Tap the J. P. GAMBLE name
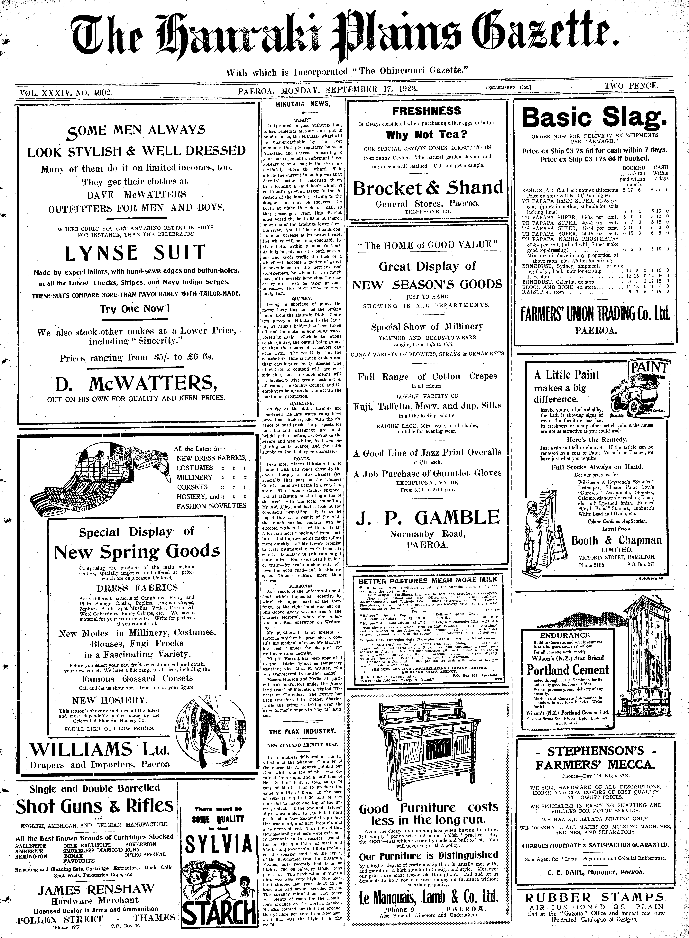tap(427, 518)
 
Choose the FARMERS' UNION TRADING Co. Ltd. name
tap(596, 314)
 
